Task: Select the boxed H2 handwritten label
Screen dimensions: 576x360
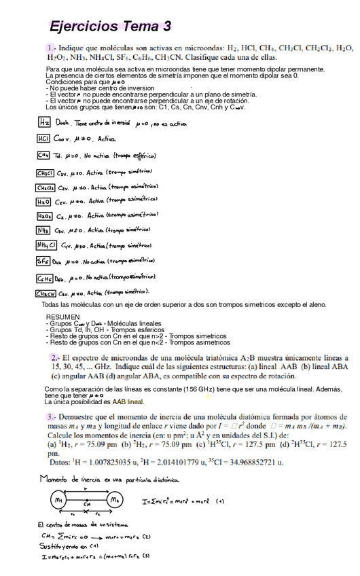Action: pos(44,123)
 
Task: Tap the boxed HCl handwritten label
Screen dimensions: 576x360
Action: pos(44,139)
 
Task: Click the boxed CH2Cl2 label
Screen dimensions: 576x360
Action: pos(46,187)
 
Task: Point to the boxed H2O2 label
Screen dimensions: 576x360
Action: pos(45,216)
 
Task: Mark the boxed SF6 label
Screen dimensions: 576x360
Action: pos(43,261)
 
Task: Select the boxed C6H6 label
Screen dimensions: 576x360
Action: pos(46,278)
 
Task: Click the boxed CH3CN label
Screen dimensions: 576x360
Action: pos(47,293)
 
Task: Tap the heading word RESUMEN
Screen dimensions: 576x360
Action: pos(62,317)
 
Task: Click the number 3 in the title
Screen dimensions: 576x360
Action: pos(166,27)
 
